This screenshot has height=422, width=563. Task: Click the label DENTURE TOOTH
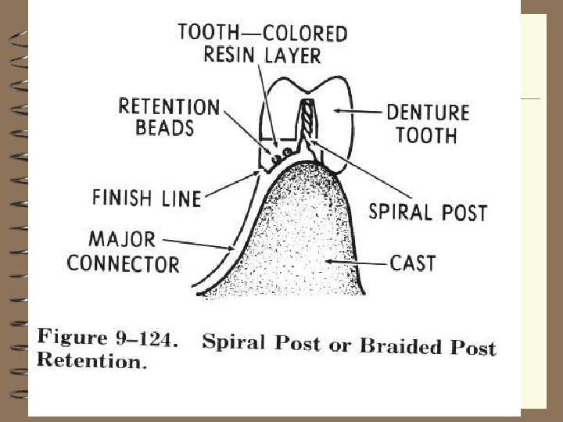[427, 123]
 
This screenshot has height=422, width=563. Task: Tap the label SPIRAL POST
[428, 211]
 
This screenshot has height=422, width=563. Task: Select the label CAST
[413, 262]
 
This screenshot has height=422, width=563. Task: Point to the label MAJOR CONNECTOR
[123, 250]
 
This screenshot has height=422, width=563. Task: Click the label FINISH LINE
[146, 197]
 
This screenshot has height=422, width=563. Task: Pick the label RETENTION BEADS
[169, 116]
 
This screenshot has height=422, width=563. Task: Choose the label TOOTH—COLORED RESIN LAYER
[263, 44]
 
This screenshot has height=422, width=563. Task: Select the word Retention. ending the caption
[91, 361]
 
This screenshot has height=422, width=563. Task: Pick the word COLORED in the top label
[306, 34]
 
